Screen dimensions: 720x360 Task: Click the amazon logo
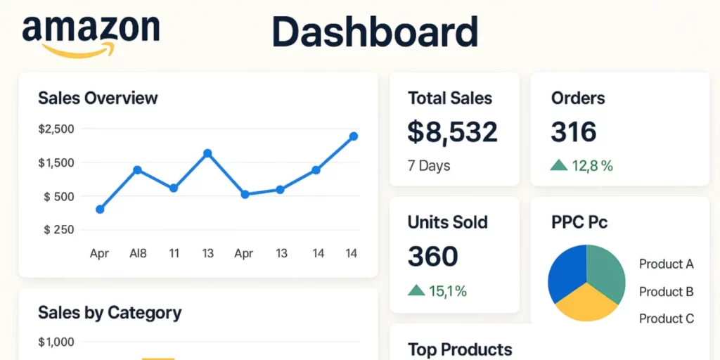tap(91, 36)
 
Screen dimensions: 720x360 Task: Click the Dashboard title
tap(375, 31)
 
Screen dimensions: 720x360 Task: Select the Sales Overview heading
tap(98, 98)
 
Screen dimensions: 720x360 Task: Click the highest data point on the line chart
tap(353, 136)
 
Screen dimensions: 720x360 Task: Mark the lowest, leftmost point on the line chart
tap(100, 210)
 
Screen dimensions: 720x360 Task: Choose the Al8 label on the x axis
tap(138, 253)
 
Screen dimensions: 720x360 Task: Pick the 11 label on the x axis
tap(174, 253)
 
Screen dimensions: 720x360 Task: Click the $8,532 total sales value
tap(452, 131)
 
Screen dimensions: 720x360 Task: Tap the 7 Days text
tap(429, 166)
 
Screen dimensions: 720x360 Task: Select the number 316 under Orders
tap(574, 131)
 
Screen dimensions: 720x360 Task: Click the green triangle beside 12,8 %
tap(559, 165)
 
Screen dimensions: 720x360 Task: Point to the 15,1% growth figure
tap(448, 290)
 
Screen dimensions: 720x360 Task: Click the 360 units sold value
tap(432, 256)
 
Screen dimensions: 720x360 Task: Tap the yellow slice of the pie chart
tap(586, 303)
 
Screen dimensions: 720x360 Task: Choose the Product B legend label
tap(666, 292)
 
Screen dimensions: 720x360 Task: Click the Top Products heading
tap(460, 350)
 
